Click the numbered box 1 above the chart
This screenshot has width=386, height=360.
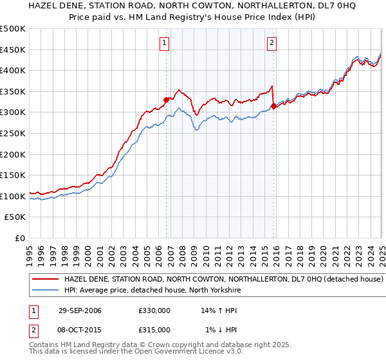165,43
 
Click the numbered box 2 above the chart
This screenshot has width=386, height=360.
272,43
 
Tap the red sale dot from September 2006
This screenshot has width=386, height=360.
167,100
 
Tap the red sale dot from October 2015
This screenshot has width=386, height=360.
273,106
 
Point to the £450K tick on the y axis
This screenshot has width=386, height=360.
14,50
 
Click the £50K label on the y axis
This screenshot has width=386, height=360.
15,217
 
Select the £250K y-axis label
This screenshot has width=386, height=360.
14,133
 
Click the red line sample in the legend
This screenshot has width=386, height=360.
45,280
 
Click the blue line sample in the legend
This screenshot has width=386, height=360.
45,291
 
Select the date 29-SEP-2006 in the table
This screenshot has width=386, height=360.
80,310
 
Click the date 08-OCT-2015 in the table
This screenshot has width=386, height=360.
80,330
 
